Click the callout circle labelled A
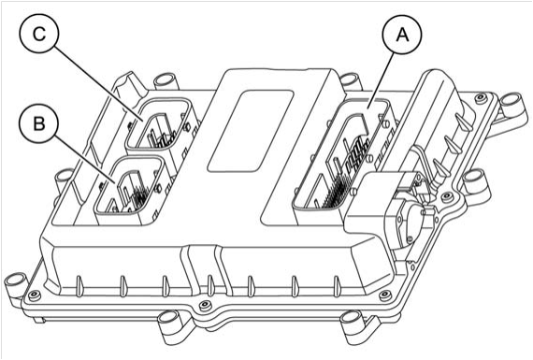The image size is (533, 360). point(402,34)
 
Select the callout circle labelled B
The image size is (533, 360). point(39,123)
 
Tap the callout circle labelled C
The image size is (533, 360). point(39,33)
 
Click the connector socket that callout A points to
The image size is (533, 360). point(341,153)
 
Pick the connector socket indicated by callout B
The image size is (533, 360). point(130,185)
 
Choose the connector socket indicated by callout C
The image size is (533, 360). point(158,124)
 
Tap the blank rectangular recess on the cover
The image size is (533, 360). point(251,131)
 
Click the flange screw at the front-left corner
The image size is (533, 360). point(34,295)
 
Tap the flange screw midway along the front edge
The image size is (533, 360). point(204,305)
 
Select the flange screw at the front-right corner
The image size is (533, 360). point(385,295)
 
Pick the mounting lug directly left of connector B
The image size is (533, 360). point(62,179)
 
